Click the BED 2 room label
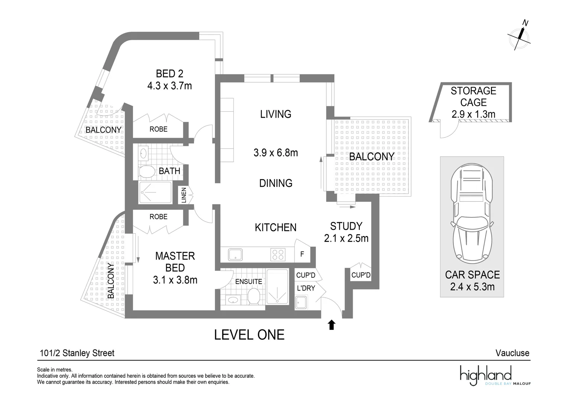(170, 74)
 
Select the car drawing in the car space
(472, 214)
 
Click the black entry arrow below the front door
(332, 325)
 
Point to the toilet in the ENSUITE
(254, 296)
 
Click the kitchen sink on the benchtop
(235, 255)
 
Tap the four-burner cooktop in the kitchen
(278, 255)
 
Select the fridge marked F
(302, 254)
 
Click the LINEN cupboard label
(184, 195)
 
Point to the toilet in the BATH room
(147, 172)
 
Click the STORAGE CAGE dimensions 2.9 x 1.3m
(474, 114)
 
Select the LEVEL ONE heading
(249, 335)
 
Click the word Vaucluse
(513, 353)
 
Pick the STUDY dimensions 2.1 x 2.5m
(346, 238)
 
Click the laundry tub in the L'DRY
(301, 302)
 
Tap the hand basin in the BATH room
(143, 153)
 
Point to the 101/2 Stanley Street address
(77, 353)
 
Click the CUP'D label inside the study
(361, 275)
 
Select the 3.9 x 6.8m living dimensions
(275, 153)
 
